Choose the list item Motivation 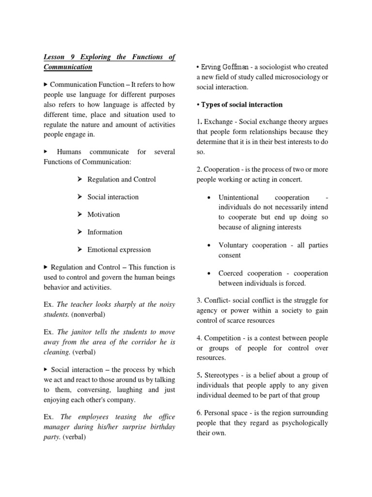(x=103, y=215)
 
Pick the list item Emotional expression (x=119, y=249)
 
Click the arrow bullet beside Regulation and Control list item (x=80, y=180)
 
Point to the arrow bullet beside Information (x=80, y=232)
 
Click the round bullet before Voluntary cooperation (x=208, y=245)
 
